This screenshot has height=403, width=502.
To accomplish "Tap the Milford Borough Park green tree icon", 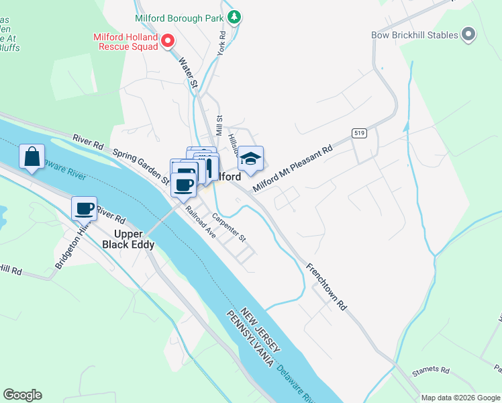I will [x=234, y=17].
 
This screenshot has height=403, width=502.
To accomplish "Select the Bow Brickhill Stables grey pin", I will [x=468, y=35].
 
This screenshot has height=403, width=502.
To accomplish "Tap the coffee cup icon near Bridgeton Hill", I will [x=85, y=209].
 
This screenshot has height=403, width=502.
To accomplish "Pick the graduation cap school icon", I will [x=251, y=159].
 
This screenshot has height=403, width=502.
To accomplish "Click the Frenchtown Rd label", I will [x=327, y=286].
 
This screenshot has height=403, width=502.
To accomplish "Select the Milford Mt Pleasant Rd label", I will [x=293, y=168].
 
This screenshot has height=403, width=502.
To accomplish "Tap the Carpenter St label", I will [x=230, y=228].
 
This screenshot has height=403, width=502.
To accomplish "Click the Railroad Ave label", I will [x=201, y=222].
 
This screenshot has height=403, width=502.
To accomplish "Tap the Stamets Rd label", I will [x=430, y=370].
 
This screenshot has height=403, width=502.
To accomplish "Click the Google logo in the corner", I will [x=22, y=395].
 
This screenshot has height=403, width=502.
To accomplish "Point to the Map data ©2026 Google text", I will [x=460, y=398].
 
